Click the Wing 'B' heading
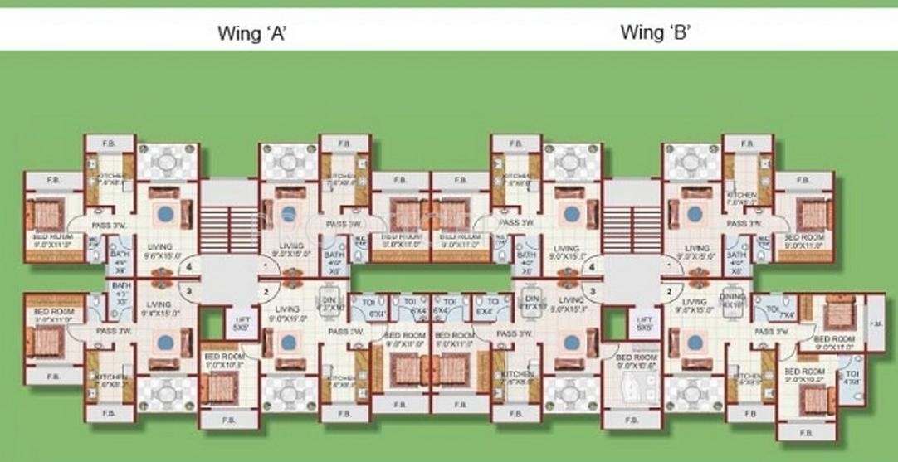(x=656, y=33)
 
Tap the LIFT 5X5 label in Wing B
(x=643, y=323)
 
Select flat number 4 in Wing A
(x=190, y=268)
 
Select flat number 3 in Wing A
(x=190, y=290)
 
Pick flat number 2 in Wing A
(x=266, y=291)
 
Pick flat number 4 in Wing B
(x=591, y=268)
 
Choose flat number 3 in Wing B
(x=593, y=290)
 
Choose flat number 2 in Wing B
(x=667, y=291)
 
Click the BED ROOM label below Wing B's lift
(x=637, y=360)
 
